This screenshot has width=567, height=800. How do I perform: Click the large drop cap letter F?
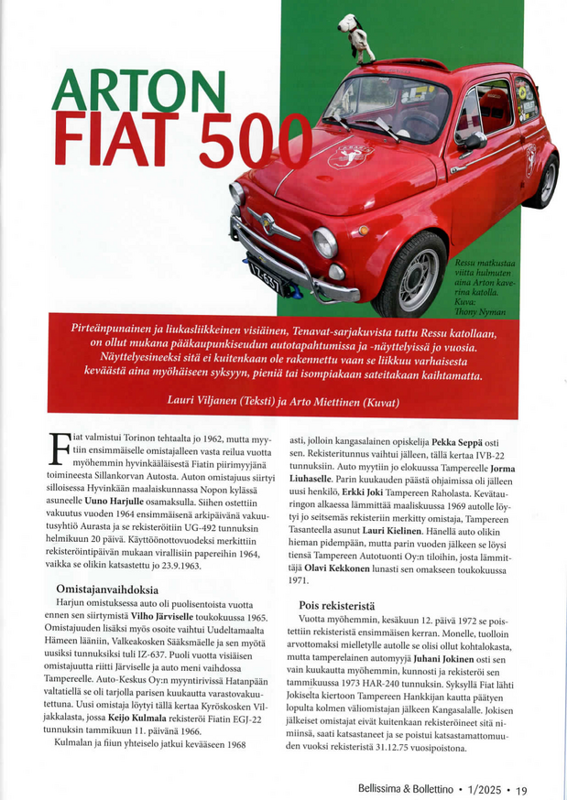tap(60, 452)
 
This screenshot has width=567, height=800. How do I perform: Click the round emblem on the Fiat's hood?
tap(349, 157)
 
